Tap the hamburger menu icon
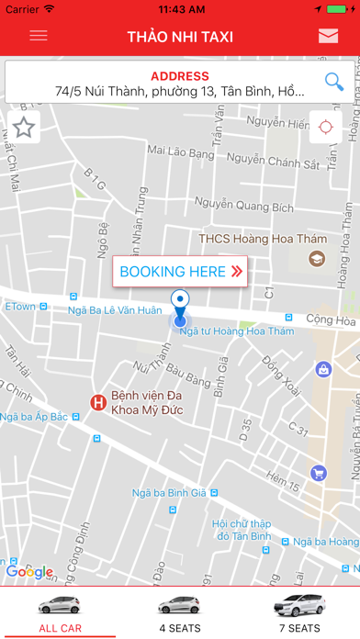39,37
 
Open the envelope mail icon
328,37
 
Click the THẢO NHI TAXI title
180,37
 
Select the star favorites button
24,128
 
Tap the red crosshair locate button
325,128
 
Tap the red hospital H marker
96,402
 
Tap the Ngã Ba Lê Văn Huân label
114,310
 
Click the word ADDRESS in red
180,76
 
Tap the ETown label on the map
20,306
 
